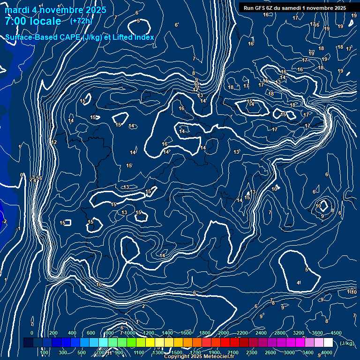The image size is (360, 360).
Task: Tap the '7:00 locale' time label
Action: pyautogui.click(x=33, y=21)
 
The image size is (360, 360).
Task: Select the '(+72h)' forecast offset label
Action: pyautogui.click(x=81, y=21)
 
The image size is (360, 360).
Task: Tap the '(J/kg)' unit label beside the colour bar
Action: pyautogui.click(x=347, y=343)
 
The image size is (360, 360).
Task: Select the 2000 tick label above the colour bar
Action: pyautogui.click(x=224, y=333)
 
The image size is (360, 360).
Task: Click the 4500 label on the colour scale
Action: pyautogui.click(x=336, y=333)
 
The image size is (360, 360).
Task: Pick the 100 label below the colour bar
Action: pyautogui.click(x=44, y=352)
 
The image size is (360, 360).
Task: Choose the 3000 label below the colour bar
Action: pyautogui.click(x=289, y=352)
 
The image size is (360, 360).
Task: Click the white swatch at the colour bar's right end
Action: pyautogui.click(x=328, y=343)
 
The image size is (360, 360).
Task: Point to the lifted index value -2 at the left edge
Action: pyautogui.click(x=4, y=221)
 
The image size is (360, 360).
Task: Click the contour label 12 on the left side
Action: pyautogui.click(x=54, y=142)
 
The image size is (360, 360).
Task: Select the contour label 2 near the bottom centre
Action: pyautogui.click(x=143, y=306)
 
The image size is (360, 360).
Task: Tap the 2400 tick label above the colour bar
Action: pyautogui.click(x=261, y=333)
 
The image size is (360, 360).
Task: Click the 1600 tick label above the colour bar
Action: pyautogui.click(x=186, y=333)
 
